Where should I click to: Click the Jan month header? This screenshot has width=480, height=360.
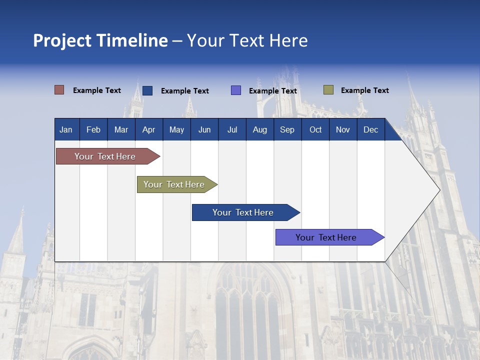coord(66,130)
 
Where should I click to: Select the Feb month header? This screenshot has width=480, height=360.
coord(93,130)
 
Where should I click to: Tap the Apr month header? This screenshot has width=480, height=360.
coord(149,130)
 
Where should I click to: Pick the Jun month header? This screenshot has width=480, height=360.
coord(204,130)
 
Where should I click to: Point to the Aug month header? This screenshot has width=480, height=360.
coord(260,130)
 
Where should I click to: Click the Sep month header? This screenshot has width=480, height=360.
coord(287,130)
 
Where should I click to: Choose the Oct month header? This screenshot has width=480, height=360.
coord(315,130)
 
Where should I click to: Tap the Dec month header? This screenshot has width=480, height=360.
coord(371,130)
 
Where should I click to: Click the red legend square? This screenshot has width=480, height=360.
coord(59,90)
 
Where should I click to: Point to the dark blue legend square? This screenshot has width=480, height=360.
coord(147,90)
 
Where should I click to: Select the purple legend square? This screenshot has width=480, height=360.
coord(236,90)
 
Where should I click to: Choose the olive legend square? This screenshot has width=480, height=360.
coord(328,90)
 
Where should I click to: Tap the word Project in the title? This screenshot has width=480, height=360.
coord(62,40)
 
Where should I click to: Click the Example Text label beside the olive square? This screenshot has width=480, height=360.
coord(364,90)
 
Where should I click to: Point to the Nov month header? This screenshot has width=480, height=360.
coord(343,130)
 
